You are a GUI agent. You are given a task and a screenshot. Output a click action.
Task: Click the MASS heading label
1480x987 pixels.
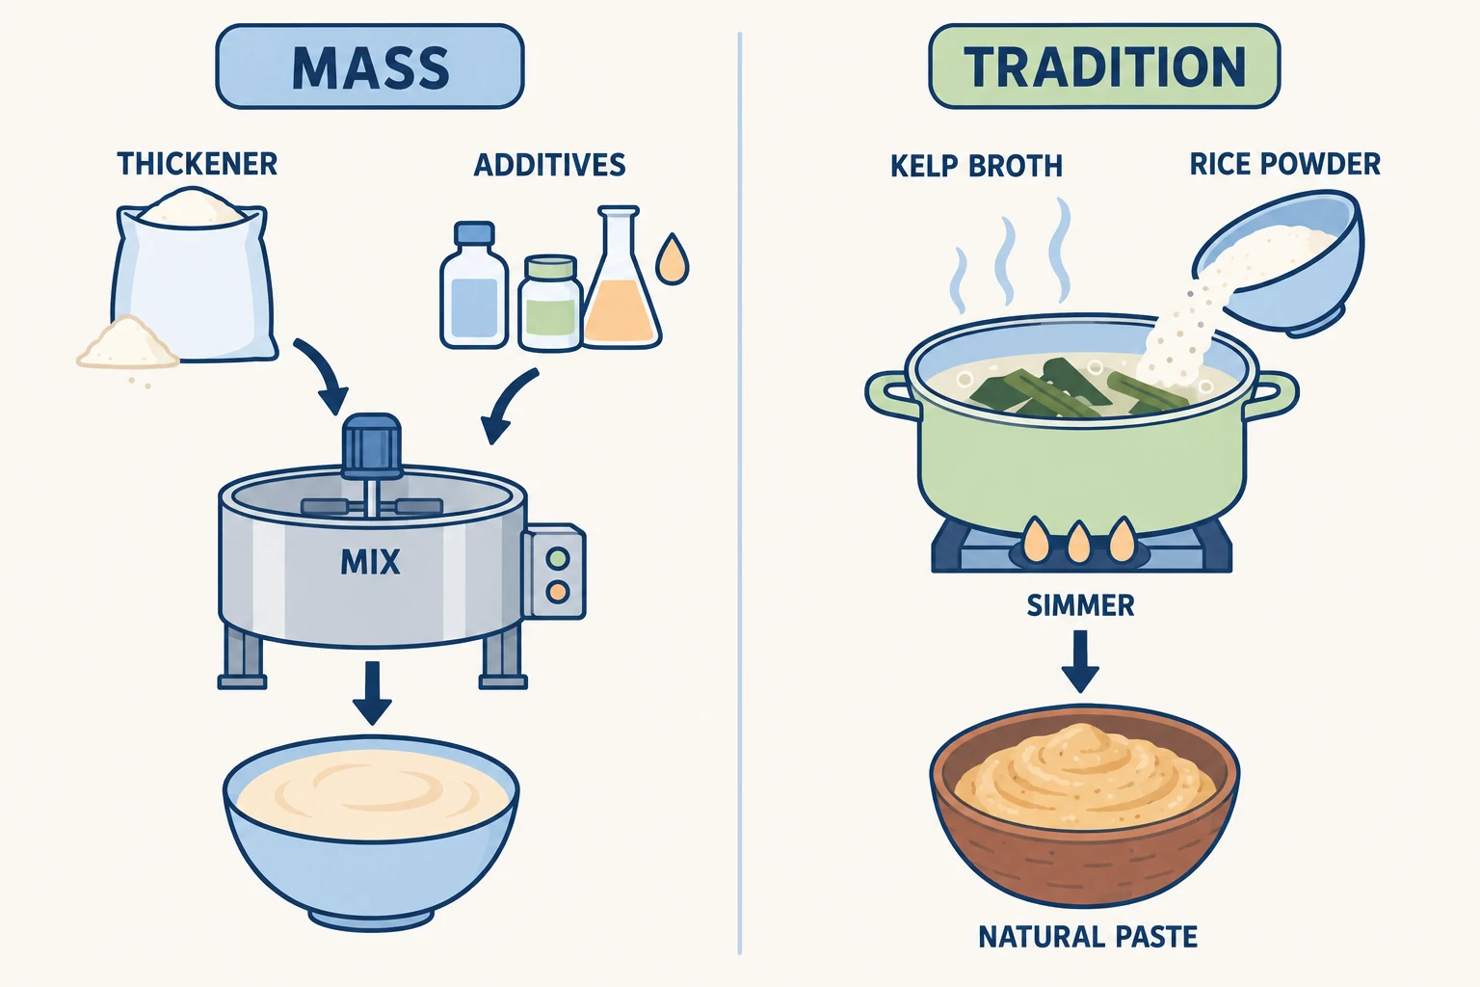pyautogui.click(x=370, y=67)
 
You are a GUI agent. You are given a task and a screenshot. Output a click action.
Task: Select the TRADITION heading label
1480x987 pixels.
pyautogui.click(x=1104, y=67)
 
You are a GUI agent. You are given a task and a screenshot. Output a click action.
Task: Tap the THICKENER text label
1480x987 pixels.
pyautogui.click(x=197, y=164)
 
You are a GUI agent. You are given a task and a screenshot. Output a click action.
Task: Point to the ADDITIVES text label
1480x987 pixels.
pyautogui.click(x=550, y=165)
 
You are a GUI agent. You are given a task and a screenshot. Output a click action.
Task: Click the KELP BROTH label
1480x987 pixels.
pyautogui.click(x=976, y=166)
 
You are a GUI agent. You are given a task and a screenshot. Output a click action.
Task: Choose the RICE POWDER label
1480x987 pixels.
pyautogui.click(x=1285, y=164)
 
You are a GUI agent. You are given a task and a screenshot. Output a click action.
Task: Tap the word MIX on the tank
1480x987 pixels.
pyautogui.click(x=370, y=563)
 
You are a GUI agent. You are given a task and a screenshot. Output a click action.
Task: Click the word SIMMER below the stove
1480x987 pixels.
pyautogui.click(x=1080, y=605)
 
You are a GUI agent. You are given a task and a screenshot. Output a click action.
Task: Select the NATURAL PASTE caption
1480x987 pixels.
pyautogui.click(x=1088, y=937)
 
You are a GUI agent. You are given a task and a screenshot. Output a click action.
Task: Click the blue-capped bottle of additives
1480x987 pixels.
pyautogui.click(x=474, y=285)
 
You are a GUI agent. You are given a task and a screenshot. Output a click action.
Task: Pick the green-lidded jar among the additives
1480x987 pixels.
pyautogui.click(x=550, y=303)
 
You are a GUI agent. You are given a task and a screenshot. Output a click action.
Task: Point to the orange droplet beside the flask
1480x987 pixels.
pyautogui.click(x=672, y=259)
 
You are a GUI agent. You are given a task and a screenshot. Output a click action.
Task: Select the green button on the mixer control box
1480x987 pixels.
pyautogui.click(x=558, y=558)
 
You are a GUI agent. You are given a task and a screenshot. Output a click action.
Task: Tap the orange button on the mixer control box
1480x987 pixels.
pyautogui.click(x=558, y=591)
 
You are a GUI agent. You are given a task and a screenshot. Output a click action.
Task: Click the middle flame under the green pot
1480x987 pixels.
pyautogui.click(x=1078, y=542)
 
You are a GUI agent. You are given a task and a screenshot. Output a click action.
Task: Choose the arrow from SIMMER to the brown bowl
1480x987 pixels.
pyautogui.click(x=1080, y=661)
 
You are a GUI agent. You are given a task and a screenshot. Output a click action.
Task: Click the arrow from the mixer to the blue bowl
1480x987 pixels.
pyautogui.click(x=372, y=693)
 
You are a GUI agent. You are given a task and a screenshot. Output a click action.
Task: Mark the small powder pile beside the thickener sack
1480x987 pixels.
pyautogui.click(x=127, y=342)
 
